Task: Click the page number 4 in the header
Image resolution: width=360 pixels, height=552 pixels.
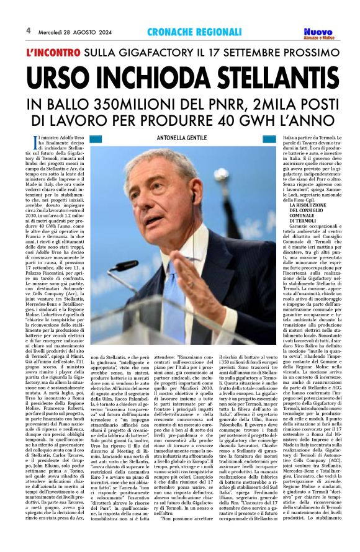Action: click(28, 30)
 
